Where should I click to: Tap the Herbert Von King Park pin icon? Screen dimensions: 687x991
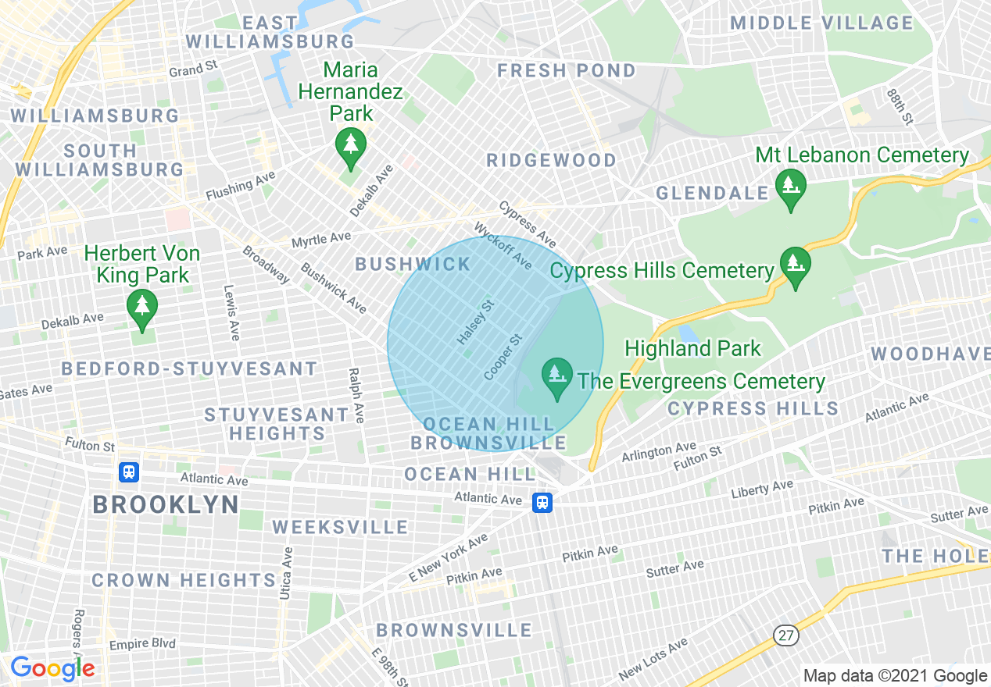click(x=141, y=308)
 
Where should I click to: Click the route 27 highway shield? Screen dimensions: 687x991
click(x=786, y=635)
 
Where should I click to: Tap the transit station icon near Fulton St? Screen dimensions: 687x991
click(x=129, y=472)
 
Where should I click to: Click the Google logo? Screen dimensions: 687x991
click(x=52, y=668)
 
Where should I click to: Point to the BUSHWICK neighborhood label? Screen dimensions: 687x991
click(x=413, y=264)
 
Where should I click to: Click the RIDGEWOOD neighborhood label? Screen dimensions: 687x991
click(x=551, y=161)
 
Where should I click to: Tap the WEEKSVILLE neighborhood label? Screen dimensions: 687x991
click(x=340, y=528)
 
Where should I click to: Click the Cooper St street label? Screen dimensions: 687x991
click(x=503, y=358)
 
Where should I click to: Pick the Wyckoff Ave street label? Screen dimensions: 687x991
click(x=503, y=246)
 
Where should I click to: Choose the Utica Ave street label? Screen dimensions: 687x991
click(x=287, y=574)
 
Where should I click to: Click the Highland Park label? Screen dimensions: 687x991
click(x=692, y=348)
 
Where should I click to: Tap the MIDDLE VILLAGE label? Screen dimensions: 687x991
click(x=821, y=23)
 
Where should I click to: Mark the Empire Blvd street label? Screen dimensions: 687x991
click(x=142, y=645)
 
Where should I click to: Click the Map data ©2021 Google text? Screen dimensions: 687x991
click(x=896, y=676)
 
